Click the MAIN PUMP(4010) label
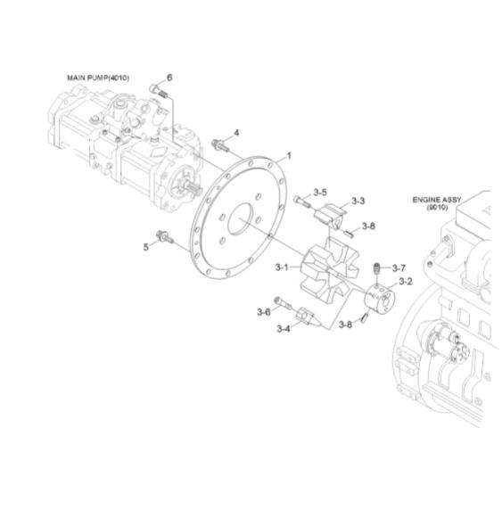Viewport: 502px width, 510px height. (x=98, y=78)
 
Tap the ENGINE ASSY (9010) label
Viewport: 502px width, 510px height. (x=436, y=203)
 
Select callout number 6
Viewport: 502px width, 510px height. (x=169, y=77)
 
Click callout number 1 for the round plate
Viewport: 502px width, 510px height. (x=288, y=155)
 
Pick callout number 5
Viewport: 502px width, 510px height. (x=146, y=246)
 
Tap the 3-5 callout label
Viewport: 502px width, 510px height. (x=320, y=193)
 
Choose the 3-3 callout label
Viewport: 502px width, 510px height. (x=358, y=201)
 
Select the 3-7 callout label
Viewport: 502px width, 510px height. (x=399, y=267)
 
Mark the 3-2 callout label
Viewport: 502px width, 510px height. (x=405, y=282)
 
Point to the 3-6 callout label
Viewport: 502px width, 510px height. (x=263, y=311)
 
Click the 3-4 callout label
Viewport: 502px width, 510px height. (x=283, y=329)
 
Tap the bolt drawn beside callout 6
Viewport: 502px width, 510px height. (x=158, y=89)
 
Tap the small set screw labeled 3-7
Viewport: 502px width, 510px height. (x=377, y=268)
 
